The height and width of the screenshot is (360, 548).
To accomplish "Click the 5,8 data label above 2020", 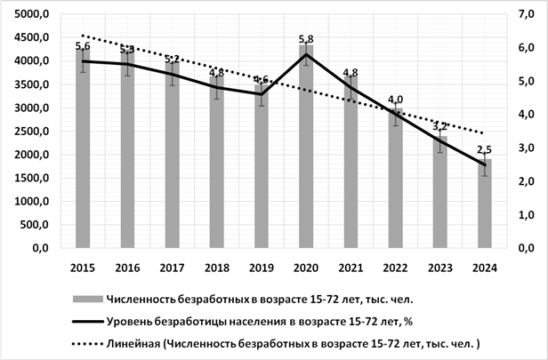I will click(307, 39).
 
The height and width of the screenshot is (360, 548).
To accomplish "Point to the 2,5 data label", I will click(485, 149).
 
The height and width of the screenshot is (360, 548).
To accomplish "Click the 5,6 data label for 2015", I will click(84, 46).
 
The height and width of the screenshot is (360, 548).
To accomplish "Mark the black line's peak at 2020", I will click(307, 54).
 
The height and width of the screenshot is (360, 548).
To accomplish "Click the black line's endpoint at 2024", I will click(485, 164).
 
